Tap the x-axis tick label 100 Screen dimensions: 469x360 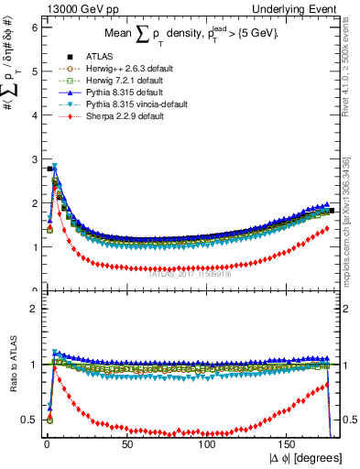click(207, 444)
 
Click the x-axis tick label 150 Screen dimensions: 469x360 click(288, 444)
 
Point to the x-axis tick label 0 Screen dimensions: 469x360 click(46, 444)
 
